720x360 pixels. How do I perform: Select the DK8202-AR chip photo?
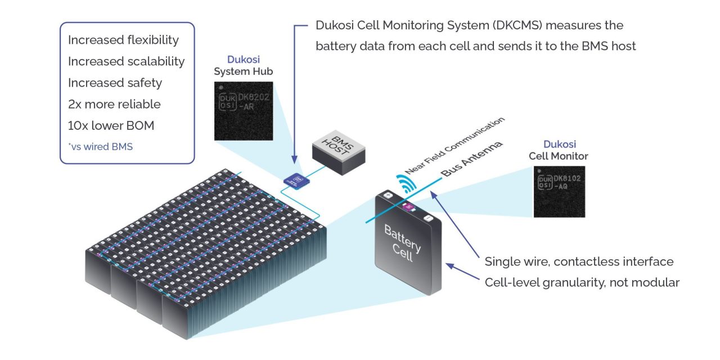[243, 111]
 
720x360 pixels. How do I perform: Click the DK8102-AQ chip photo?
[559, 192]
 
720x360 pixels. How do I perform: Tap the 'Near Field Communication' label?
[456, 145]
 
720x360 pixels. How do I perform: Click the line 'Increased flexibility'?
[123, 40]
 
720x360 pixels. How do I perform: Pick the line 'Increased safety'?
[115, 83]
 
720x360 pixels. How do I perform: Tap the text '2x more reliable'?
[114, 104]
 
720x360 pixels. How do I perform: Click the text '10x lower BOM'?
[111, 125]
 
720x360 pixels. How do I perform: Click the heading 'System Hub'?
[243, 71]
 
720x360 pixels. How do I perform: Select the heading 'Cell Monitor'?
[558, 156]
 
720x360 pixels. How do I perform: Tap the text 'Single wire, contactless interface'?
[579, 262]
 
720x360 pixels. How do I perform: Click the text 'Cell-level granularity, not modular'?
[582, 282]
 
